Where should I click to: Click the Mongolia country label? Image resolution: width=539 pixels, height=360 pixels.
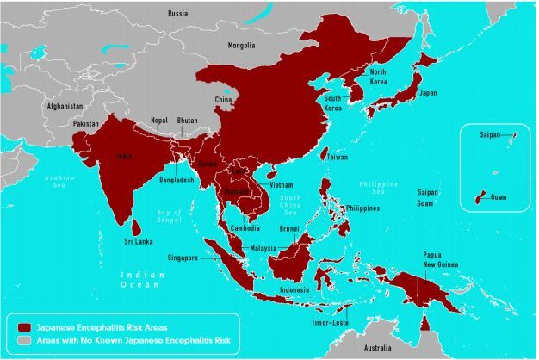241,45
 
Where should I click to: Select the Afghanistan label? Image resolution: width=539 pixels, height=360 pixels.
64,106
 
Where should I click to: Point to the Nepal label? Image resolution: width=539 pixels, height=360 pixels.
158,120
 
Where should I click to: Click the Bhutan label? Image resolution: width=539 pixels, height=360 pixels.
187,121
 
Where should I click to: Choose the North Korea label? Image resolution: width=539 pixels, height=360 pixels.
378,77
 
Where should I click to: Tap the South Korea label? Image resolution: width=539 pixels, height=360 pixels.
335,103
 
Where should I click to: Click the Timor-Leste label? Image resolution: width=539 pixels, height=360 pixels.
329,324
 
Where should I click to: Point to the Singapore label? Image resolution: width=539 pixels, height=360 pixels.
183,258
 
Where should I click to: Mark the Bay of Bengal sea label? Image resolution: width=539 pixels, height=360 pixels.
177,214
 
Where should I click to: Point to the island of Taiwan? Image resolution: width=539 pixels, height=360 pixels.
325,155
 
